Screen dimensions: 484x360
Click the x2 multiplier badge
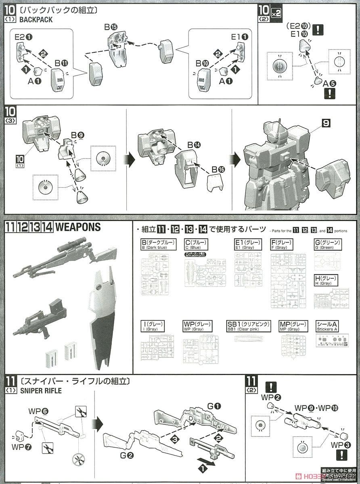tap(276, 13)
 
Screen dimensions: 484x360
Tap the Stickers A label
tap(327, 326)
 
